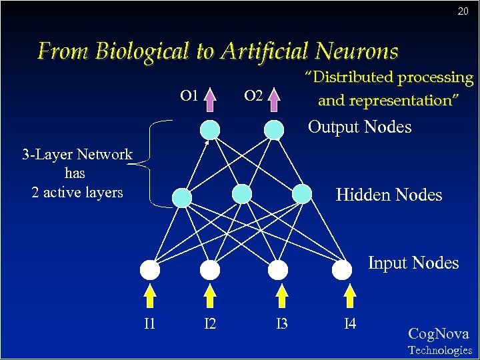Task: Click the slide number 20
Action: tap(463, 11)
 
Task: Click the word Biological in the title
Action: tap(142, 51)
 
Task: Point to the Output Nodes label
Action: tap(359, 127)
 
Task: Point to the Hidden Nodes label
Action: tap(389, 195)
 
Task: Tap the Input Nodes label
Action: tap(413, 263)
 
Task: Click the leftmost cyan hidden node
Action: tap(181, 197)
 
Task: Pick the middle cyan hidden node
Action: tap(242, 194)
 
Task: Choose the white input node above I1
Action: tap(150, 270)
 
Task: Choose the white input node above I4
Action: tap(342, 269)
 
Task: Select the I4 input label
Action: tap(349, 325)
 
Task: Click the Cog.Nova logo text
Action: tap(439, 334)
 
